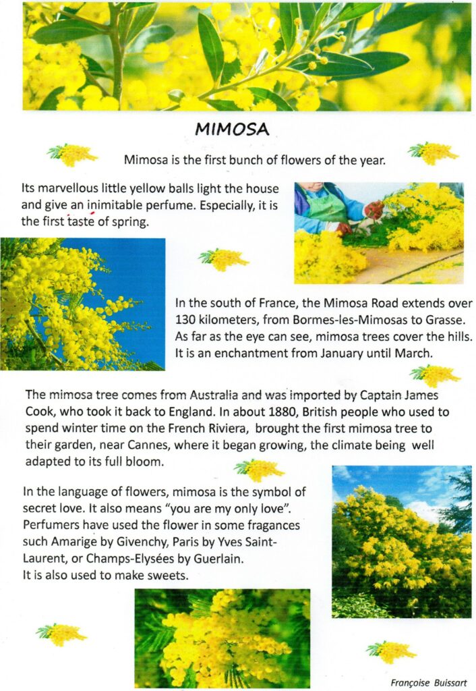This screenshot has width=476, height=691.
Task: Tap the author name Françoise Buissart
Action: [x=428, y=682]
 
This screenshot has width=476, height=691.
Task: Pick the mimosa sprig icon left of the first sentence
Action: [x=71, y=155]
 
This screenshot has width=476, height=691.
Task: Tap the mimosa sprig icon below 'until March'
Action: [x=435, y=375]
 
